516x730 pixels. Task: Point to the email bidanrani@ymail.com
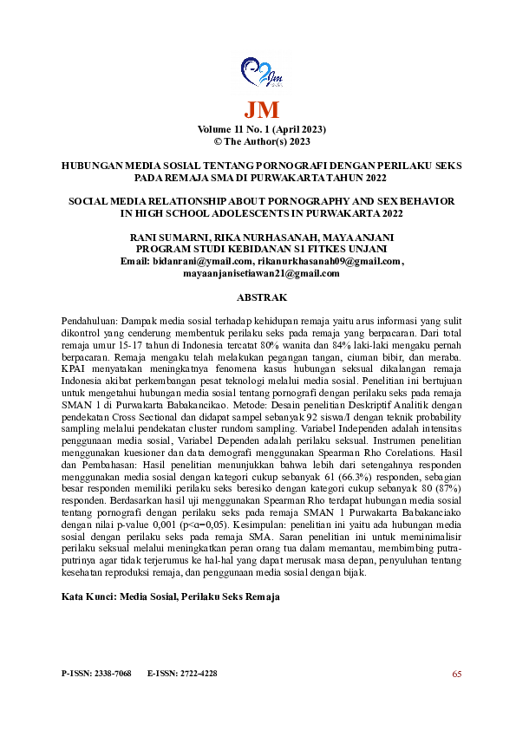[203, 261]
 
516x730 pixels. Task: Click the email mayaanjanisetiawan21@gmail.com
[260, 273]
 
